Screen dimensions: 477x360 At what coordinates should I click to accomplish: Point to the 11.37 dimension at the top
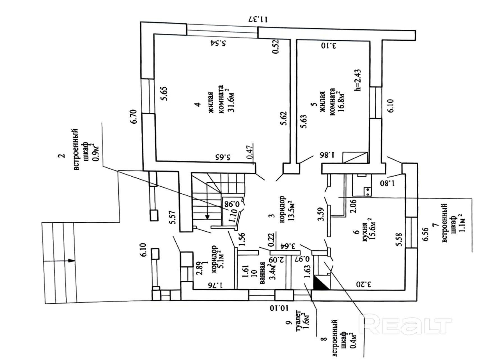tap(258, 19)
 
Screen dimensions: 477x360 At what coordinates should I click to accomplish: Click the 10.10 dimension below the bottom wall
tap(279, 308)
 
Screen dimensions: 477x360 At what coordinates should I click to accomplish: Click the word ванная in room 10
tap(263, 273)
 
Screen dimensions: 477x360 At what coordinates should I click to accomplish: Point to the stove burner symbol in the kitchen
tap(367, 191)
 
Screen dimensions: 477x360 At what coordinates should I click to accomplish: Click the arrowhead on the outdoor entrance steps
tap(72, 260)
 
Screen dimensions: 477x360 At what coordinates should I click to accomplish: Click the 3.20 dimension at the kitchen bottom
tap(364, 284)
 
